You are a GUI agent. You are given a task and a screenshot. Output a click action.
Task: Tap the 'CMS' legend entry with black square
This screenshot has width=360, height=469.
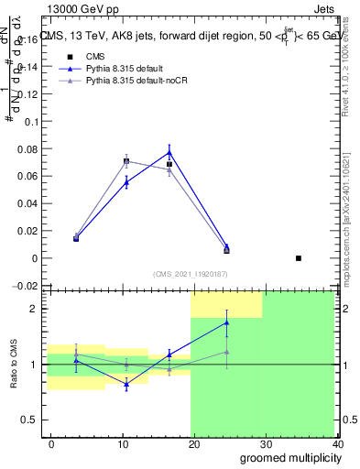pos(90,56)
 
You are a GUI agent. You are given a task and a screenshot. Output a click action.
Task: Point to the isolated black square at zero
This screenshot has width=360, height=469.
pos(299,258)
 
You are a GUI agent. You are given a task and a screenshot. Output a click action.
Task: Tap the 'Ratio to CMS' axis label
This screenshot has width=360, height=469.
pos(15,365)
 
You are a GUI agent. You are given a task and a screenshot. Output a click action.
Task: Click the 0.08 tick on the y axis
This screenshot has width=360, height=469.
pos(29,148)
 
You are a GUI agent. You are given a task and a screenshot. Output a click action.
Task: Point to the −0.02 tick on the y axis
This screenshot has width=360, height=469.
pos(27,286)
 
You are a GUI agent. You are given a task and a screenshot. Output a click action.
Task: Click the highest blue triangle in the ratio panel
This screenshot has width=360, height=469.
pos(226,322)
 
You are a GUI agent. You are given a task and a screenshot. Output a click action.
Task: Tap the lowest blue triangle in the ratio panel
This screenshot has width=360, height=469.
pos(126,384)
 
